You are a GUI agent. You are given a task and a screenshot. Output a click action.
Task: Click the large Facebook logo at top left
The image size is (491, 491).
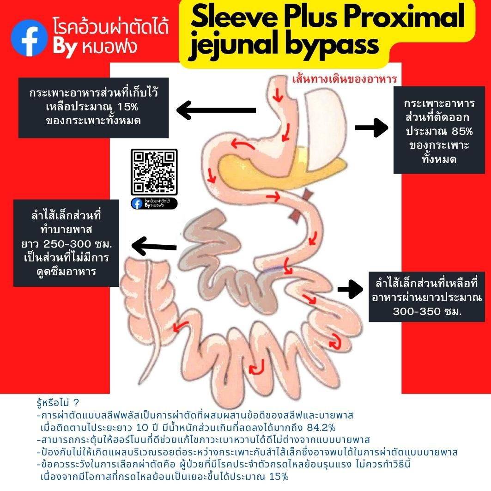point(29,38)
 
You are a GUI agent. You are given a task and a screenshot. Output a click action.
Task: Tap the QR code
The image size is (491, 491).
point(154,172)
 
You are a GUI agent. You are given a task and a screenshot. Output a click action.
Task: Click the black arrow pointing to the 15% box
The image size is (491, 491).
point(216,110)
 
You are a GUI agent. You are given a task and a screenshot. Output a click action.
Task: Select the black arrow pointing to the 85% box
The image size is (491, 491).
point(371,127)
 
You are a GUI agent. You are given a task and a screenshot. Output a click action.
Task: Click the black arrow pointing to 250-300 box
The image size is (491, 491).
point(154,246)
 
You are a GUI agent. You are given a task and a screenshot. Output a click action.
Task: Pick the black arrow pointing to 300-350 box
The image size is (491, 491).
point(351,289)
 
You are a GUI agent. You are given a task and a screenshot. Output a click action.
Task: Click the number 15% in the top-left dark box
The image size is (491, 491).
point(128,107)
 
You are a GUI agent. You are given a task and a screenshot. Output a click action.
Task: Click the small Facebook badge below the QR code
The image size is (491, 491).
point(154,203)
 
